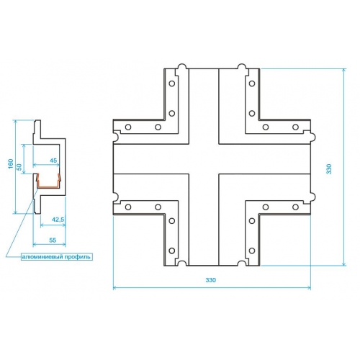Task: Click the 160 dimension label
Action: pyautogui.click(x=11, y=163)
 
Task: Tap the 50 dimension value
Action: pyautogui.click(x=19, y=167)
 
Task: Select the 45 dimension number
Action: pyautogui.click(x=53, y=160)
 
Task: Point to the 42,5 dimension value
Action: pyautogui.click(x=58, y=220)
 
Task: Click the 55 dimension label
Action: pyautogui.click(x=53, y=240)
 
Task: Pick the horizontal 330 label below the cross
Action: pyautogui.click(x=211, y=280)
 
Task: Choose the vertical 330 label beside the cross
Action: pyautogui.click(x=329, y=169)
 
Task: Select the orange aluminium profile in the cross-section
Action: pyautogui.click(x=48, y=186)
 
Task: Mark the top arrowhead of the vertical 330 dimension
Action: pyautogui.click(x=344, y=71)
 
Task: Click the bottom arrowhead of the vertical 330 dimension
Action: pyautogui.click(x=344, y=264)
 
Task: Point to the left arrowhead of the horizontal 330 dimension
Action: pyautogui.click(x=114, y=287)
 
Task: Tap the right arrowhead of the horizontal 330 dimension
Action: pyautogui.click(x=309, y=287)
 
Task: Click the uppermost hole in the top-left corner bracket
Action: pyautogui.click(x=172, y=84)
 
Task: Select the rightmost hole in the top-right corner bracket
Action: pyautogui.click(x=296, y=127)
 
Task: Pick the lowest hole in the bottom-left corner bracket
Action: pyautogui.click(x=172, y=251)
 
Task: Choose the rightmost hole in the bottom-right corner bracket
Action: pyautogui.click(x=296, y=207)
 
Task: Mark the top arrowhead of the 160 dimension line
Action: pyautogui.click(x=16, y=122)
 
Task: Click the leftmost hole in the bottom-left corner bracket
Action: pyautogui.click(x=128, y=207)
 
